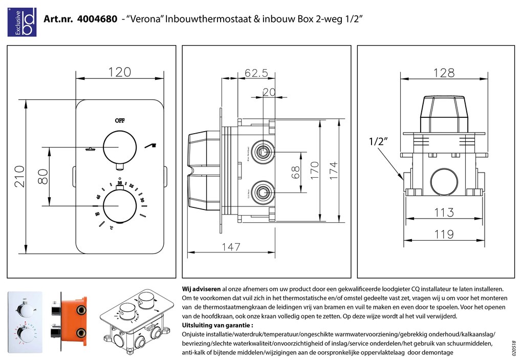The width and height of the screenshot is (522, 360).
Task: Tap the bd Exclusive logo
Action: [x=21, y=22]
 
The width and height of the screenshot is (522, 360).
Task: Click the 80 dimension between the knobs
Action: [x=43, y=176]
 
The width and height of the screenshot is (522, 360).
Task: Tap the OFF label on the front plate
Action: [x=119, y=121]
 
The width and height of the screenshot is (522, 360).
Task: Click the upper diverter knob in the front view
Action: [x=119, y=147]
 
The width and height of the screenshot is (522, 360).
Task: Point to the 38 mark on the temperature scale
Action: [x=119, y=183]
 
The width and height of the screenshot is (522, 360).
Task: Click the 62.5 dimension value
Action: [x=256, y=74]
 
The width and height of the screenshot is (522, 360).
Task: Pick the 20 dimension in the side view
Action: [x=269, y=92]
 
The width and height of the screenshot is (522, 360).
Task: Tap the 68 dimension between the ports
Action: [x=296, y=173]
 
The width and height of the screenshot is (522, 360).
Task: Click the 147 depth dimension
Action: [x=231, y=247]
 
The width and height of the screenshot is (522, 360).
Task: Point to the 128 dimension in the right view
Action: [x=444, y=73]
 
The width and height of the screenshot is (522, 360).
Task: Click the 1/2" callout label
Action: [x=378, y=142]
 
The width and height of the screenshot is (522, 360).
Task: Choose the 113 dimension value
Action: [x=444, y=212]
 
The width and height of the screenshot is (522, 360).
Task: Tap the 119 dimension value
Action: [x=444, y=235]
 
